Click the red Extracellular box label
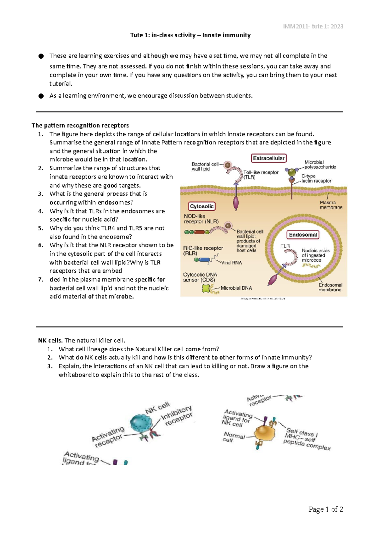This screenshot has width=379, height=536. coord(268,158)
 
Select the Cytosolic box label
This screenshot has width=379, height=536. coord(202,206)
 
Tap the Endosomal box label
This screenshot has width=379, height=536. coord(303,235)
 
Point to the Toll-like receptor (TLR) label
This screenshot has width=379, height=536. coord(261,175)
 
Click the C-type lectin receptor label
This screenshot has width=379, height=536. coord(316,178)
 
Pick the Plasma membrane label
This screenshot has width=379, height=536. coord(331,205)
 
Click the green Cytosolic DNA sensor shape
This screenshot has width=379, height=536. coord(206,289)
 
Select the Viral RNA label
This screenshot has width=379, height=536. coord(231,263)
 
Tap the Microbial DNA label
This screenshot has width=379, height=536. coord(236,288)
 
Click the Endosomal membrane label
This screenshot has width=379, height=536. coord(330,287)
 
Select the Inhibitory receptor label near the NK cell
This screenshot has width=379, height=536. coord(177,415)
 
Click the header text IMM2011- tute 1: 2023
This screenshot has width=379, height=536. coord(313,27)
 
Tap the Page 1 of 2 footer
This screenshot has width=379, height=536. coord(326,509)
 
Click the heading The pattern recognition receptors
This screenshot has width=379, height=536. coord(80,125)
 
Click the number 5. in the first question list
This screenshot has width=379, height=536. coord(41,228)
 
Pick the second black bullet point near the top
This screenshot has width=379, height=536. coord(41,96)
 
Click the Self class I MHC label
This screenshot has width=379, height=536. coord(302,433)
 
